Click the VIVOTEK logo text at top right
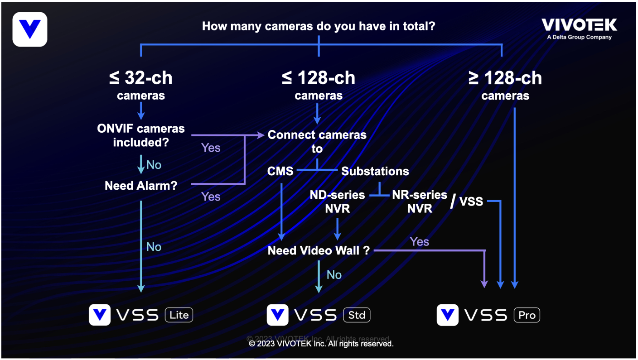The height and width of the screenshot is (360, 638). (579, 25)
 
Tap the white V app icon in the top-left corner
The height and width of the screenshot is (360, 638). (30, 29)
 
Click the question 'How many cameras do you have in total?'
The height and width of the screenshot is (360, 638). (319, 26)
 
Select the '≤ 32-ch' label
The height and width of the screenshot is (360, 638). (141, 78)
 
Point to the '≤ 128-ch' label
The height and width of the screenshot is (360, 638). (319, 78)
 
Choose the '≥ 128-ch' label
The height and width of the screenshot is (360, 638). (505, 78)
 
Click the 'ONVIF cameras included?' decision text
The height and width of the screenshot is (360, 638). (141, 135)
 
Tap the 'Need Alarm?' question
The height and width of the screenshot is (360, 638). (141, 186)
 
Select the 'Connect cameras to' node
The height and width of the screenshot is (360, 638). (317, 141)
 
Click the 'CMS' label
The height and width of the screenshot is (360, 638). (280, 171)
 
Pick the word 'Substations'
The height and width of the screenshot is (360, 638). (375, 171)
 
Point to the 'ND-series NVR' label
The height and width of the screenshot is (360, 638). (337, 202)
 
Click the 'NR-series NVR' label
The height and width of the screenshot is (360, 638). (420, 202)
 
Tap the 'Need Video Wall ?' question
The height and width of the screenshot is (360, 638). (319, 250)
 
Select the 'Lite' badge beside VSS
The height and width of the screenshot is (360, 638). (179, 315)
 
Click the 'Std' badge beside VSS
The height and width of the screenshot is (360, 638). (357, 315)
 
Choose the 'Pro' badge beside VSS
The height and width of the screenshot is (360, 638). (527, 315)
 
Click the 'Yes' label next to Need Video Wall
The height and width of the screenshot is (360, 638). (419, 241)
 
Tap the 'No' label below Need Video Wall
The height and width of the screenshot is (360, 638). (334, 275)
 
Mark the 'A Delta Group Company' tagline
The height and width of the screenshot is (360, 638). (579, 37)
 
